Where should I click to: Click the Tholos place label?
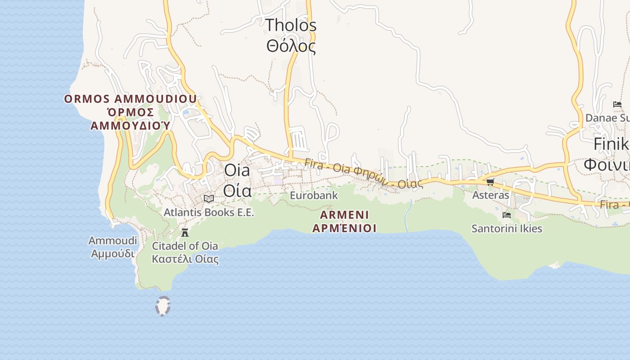click(291, 25)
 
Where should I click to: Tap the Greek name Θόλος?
click(291, 46)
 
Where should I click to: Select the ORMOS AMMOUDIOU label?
click(130, 99)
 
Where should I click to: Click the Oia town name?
click(237, 171)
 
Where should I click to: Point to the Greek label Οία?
click(237, 191)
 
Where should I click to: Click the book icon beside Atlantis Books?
click(208, 198)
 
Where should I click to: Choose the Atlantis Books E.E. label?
click(209, 212)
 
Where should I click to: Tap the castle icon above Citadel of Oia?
click(184, 233)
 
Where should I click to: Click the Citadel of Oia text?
click(185, 246)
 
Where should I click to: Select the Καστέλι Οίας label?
click(185, 259)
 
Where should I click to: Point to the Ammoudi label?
click(112, 241)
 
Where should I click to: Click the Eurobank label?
click(314, 196)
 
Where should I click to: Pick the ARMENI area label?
click(344, 215)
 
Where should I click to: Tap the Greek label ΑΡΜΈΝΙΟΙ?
click(344, 228)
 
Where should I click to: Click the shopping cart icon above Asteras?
click(490, 182)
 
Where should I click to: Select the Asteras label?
click(490, 195)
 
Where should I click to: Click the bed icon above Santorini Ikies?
click(507, 215)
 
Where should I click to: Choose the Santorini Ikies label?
click(507, 229)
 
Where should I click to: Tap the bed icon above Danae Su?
click(617, 104)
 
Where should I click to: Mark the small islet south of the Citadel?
click(163, 306)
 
